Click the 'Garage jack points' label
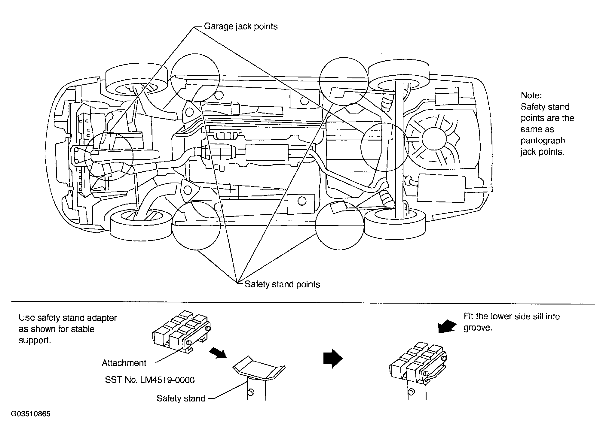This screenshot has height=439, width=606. [x=241, y=26]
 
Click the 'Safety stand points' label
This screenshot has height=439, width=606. [x=282, y=284]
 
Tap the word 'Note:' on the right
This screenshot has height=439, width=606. [x=531, y=95]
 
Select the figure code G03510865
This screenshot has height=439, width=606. [x=31, y=414]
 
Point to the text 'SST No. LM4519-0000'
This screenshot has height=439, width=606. [x=150, y=380]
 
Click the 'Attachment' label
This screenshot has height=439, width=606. [x=124, y=363]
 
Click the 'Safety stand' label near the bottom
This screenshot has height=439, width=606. [x=181, y=398]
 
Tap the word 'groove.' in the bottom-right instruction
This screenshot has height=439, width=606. [x=478, y=328]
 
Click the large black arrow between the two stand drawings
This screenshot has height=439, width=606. [x=333, y=358]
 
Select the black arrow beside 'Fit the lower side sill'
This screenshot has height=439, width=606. [x=447, y=326]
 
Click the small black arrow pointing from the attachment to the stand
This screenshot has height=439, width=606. [x=218, y=353]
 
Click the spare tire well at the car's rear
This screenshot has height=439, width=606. [x=433, y=139]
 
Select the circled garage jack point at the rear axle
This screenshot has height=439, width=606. [x=385, y=147]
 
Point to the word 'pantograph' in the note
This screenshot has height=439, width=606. [x=543, y=141]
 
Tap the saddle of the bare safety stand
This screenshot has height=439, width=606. [x=259, y=367]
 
